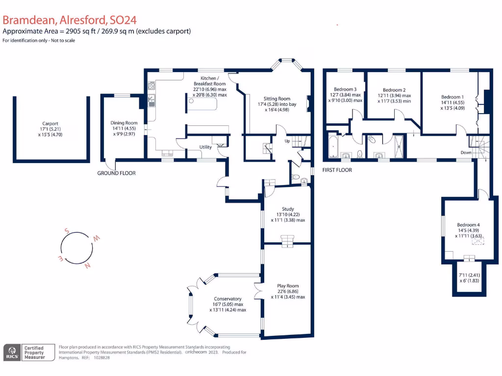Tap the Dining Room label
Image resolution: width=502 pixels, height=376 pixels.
124,123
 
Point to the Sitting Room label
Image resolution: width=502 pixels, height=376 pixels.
277,98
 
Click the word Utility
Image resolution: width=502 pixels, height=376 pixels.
205,147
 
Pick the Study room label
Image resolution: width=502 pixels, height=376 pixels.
288,209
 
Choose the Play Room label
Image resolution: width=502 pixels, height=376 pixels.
288,286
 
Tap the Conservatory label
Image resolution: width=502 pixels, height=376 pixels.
227,299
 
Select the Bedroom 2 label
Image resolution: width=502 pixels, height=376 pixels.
394,90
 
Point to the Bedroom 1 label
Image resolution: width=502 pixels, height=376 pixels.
451,97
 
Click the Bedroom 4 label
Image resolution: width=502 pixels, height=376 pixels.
468,225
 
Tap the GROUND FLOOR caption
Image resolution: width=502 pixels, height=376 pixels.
116,173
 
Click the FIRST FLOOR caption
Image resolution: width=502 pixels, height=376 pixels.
337,170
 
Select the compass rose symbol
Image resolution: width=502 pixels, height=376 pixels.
76,248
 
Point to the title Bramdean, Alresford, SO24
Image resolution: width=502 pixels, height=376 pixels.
69,20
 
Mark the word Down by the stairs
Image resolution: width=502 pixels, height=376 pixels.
466,152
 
